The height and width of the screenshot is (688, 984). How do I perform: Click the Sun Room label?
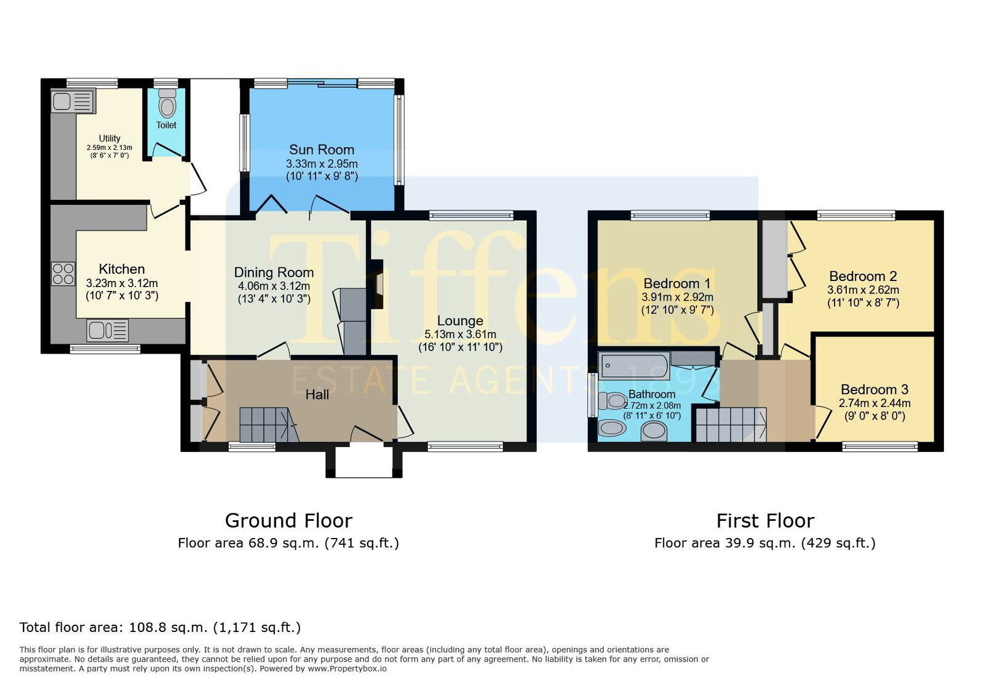pos(322,150)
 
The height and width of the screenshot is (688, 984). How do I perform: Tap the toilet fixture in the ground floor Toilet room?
pos(167,103)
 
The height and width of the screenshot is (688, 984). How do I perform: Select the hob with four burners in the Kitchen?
pos(63,274)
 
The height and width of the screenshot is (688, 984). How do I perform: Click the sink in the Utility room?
pos(73,101)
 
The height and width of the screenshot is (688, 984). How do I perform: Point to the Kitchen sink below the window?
pos(108,331)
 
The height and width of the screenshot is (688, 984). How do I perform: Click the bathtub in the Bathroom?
pos(634,365)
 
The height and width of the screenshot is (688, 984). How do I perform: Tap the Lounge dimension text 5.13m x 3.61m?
pos(460,334)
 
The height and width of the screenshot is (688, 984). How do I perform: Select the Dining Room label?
pos(274,272)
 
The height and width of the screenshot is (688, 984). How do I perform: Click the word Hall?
pos(317,395)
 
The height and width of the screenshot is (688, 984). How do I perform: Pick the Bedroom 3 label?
pos(874,390)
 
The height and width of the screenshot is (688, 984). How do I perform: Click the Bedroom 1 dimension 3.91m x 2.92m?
pos(677,297)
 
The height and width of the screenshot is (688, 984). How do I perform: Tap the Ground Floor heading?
pos(288,521)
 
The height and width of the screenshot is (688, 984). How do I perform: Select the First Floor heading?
pos(765,521)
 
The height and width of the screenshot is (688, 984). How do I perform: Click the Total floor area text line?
pos(161,627)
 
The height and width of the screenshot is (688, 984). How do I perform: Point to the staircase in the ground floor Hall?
pos(269,425)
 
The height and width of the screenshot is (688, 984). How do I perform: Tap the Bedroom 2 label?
pos(863,277)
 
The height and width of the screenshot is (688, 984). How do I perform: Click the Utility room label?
pos(109,138)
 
